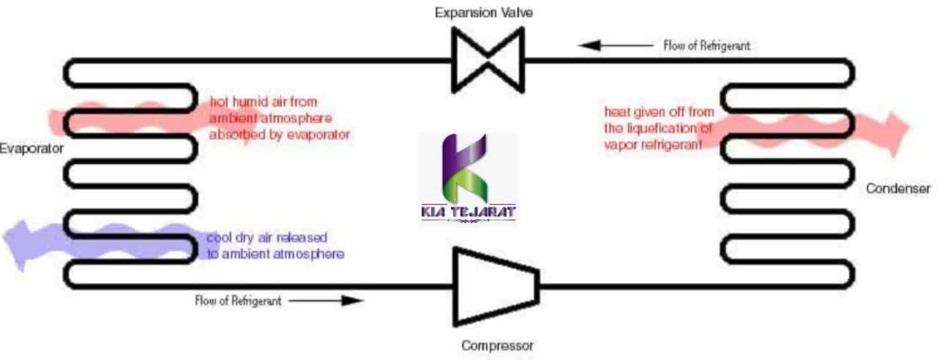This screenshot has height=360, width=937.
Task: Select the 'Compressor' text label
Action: [x=497, y=345]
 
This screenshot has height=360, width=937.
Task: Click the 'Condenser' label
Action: [x=898, y=189]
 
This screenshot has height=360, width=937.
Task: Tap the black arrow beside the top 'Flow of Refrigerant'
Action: [x=616, y=45]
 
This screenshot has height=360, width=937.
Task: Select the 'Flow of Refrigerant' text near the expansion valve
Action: [x=706, y=45]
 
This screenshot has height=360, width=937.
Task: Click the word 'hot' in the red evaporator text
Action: [x=220, y=102]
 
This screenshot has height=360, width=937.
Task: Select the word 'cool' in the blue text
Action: [x=220, y=239]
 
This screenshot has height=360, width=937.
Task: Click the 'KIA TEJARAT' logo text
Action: [x=468, y=212]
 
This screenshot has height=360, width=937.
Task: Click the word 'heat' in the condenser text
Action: [x=616, y=112]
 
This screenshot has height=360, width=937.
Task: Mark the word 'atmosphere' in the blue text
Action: [x=307, y=255]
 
